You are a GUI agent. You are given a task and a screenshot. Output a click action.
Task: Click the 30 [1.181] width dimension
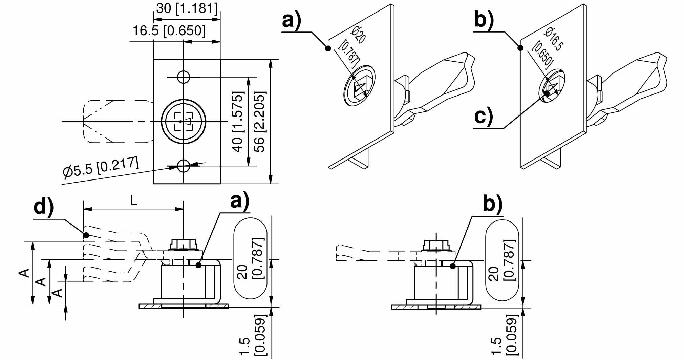pyautogui.click(x=187, y=8)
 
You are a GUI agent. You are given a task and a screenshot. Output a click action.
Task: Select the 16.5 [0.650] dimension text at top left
pyautogui.click(x=169, y=30)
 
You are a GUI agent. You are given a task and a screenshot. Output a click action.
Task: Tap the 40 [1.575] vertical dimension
pyautogui.click(x=238, y=122)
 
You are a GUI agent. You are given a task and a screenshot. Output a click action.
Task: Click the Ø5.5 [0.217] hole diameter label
pyautogui.click(x=101, y=167)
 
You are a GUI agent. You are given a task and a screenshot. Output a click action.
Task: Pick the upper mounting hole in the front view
pyautogui.click(x=184, y=77)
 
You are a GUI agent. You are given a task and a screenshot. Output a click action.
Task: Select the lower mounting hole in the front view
pyautogui.click(x=184, y=166)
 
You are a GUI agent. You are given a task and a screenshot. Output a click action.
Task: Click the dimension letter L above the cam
pyautogui.click(x=134, y=201)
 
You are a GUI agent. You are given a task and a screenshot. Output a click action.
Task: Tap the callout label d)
pyautogui.click(x=44, y=207)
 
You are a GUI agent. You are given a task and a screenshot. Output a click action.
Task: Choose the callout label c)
pyautogui.click(x=484, y=116)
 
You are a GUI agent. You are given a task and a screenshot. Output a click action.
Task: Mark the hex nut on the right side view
pyautogui.click(x=436, y=245)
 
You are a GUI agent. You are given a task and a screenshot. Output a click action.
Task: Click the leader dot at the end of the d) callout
pyautogui.click(x=86, y=235)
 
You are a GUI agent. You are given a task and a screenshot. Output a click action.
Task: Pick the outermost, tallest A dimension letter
pyautogui.click(x=24, y=273)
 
